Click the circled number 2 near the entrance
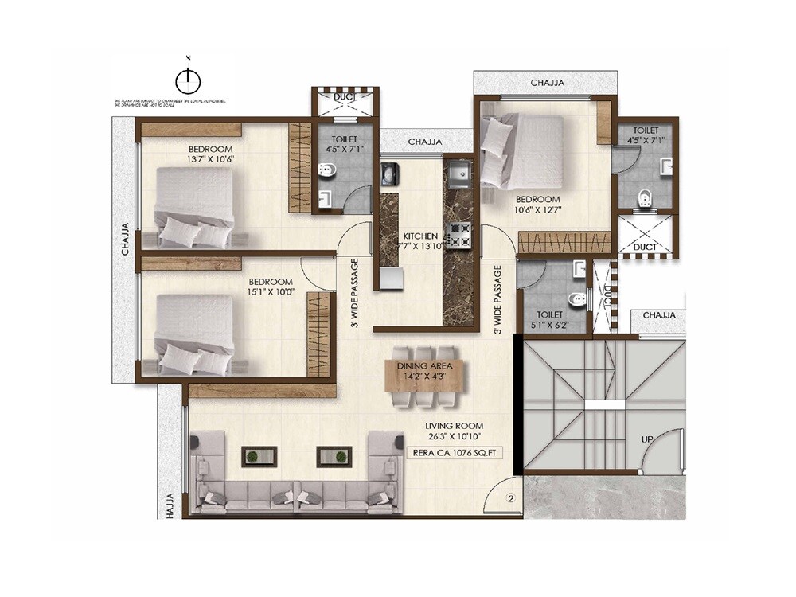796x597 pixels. (510, 500)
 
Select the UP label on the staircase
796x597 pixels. (649, 439)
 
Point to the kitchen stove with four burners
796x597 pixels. (459, 233)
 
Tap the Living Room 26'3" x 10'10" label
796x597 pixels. (455, 431)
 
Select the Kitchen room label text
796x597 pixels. (419, 237)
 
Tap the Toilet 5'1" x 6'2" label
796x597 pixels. (550, 320)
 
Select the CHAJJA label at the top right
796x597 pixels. (548, 82)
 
